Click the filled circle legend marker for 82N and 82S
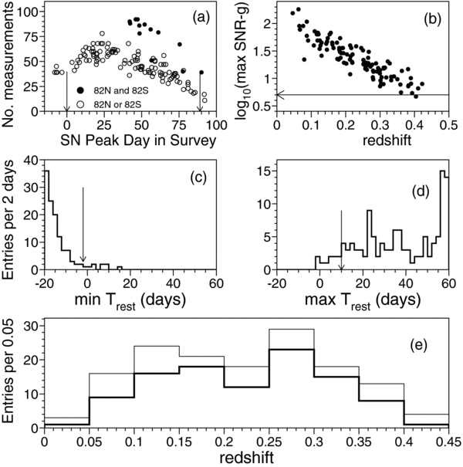[x=79, y=90]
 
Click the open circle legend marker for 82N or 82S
[x=79, y=103]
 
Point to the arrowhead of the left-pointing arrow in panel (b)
[x=280, y=94]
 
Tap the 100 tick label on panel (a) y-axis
[x=26, y=12]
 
